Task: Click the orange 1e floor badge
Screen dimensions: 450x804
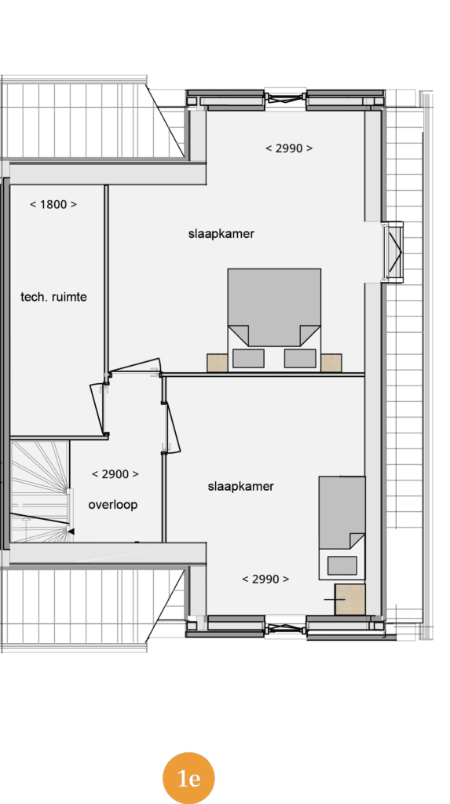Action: (188, 778)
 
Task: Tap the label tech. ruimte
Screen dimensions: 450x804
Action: (54, 297)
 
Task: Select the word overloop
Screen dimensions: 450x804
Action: (113, 505)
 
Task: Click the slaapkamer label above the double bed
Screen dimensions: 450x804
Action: (221, 234)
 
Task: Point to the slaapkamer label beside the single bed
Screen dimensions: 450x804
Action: (240, 486)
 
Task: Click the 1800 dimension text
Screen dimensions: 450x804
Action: (53, 205)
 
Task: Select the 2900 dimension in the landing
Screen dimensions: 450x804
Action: (115, 474)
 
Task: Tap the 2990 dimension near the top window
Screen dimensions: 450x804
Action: (289, 148)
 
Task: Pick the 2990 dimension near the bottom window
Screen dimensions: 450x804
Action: (265, 579)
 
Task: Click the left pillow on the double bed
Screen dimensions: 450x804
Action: (248, 358)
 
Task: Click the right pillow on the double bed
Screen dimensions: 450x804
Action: (300, 358)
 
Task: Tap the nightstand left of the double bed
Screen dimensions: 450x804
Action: (217, 363)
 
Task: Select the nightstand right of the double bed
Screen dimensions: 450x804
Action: (331, 363)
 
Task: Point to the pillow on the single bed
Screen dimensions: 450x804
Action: (342, 565)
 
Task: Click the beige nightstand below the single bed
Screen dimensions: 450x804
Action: (350, 599)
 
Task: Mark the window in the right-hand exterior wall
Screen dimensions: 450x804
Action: (393, 252)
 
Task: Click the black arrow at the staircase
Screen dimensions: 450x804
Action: (71, 532)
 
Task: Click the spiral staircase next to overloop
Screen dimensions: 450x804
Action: (40, 492)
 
